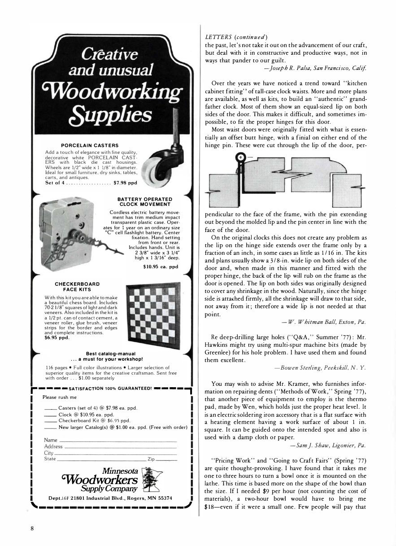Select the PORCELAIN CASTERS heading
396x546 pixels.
coord(90,145)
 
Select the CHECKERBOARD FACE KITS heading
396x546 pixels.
coord(77,287)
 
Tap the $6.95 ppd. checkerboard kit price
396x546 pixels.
coord(57,338)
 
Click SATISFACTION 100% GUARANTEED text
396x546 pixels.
coord(110,389)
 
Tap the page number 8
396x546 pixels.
coord(32,528)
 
